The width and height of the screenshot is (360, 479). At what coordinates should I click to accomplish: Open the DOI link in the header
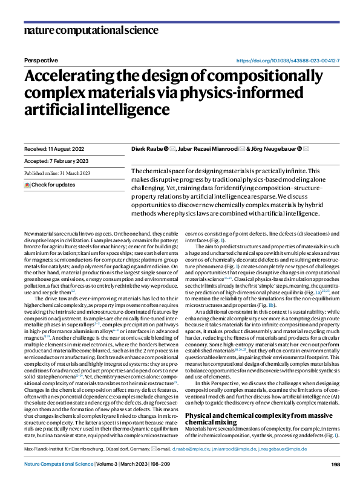click(x=287, y=61)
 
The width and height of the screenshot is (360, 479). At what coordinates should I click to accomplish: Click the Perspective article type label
click(x=41, y=61)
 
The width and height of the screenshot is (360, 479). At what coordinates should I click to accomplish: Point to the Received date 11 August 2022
click(x=53, y=148)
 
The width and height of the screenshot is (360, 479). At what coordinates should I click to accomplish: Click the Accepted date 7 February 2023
click(x=53, y=160)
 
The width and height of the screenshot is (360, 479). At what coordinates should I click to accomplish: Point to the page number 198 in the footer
click(x=335, y=464)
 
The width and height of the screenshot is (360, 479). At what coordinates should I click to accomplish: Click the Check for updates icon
click(x=27, y=184)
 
